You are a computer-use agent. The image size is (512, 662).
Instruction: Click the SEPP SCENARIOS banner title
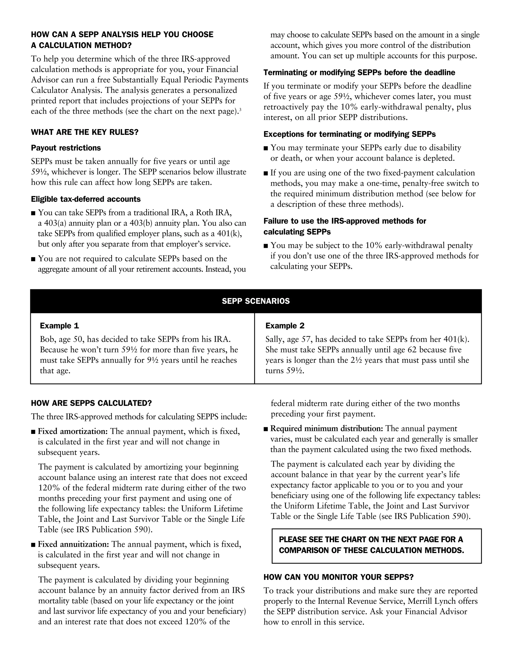(x=256, y=301)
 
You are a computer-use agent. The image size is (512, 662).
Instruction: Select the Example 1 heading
(x=59, y=326)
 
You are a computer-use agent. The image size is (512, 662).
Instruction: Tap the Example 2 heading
(x=285, y=326)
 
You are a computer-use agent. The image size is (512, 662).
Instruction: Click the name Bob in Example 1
(x=46, y=339)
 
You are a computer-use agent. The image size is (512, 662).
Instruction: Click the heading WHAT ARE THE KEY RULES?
(x=85, y=132)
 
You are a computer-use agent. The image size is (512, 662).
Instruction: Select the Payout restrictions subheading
(x=66, y=148)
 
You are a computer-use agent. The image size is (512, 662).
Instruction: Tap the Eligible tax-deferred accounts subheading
(x=86, y=199)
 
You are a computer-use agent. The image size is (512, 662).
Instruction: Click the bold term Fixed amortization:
(x=73, y=431)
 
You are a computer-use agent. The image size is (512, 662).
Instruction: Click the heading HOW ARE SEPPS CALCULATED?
(x=91, y=403)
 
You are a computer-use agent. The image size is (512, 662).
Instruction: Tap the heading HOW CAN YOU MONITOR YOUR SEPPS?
(x=338, y=577)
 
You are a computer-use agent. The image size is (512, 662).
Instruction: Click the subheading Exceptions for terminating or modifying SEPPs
(x=349, y=134)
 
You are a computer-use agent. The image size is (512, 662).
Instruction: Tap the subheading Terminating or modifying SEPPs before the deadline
(x=359, y=73)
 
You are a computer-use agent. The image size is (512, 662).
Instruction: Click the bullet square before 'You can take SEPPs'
(x=33, y=213)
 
